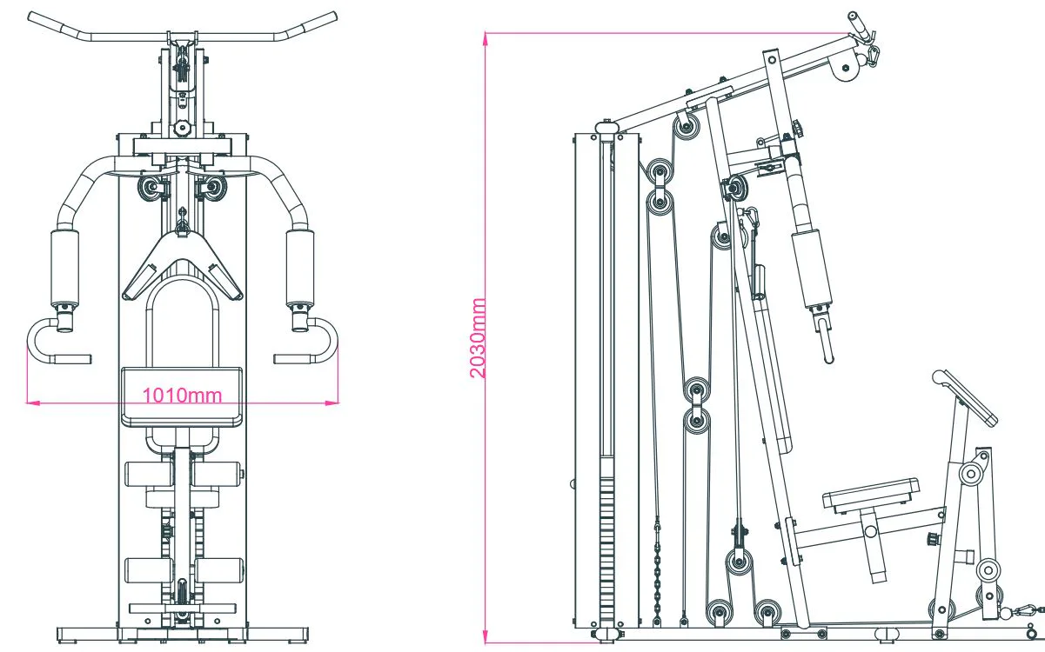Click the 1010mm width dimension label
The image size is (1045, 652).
pos(182,396)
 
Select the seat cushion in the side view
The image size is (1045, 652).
pos(871,494)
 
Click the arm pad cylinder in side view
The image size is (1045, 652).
pos(812,268)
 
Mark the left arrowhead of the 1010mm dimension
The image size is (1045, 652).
pos(30,402)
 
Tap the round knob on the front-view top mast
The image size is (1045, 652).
pos(182,129)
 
